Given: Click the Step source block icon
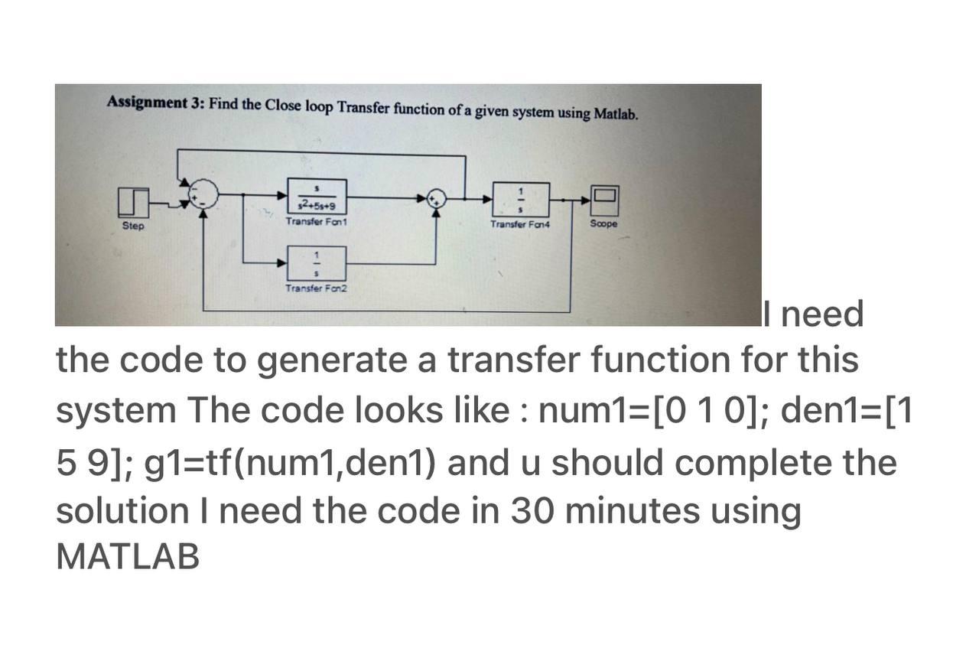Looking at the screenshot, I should tap(134, 202).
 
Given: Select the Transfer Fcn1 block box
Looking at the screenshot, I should tap(317, 197).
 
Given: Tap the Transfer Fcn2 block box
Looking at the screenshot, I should tap(317, 263).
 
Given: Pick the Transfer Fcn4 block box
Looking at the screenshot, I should tap(521, 200).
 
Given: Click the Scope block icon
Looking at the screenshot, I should tap(603, 198).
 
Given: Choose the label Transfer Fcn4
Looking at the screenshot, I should tap(520, 224).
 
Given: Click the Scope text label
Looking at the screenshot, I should tap(603, 223).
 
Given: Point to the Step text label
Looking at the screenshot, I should tap(133, 226).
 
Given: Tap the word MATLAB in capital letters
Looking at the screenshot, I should tap(128, 557).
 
